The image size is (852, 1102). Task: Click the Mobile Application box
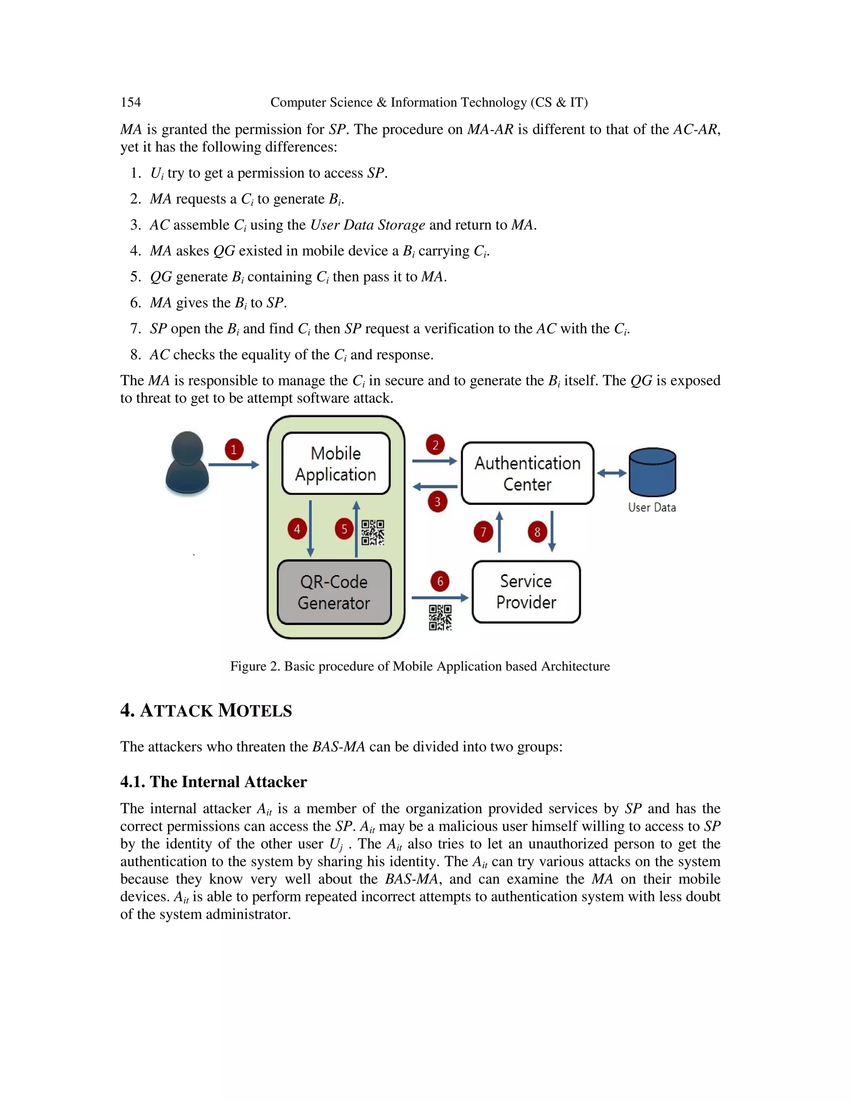336,463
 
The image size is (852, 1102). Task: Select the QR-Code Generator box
334,592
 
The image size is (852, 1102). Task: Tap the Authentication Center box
528,473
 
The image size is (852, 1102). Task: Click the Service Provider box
526,592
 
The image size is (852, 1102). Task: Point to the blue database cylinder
652,472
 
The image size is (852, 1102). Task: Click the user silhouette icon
187,463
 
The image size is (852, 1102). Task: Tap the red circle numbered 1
234,450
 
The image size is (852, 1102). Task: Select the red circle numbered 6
440,581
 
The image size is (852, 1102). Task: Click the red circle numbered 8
537,532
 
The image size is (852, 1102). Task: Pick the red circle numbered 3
438,502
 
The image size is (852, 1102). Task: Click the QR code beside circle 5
373,532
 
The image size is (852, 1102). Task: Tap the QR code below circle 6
440,618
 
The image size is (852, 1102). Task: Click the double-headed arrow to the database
612,473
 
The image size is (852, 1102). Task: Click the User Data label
651,508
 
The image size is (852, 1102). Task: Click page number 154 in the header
131,102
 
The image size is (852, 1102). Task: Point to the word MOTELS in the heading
255,710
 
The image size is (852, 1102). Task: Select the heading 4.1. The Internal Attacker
213,782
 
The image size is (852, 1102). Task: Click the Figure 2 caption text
420,666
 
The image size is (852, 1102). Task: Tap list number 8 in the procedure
135,355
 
